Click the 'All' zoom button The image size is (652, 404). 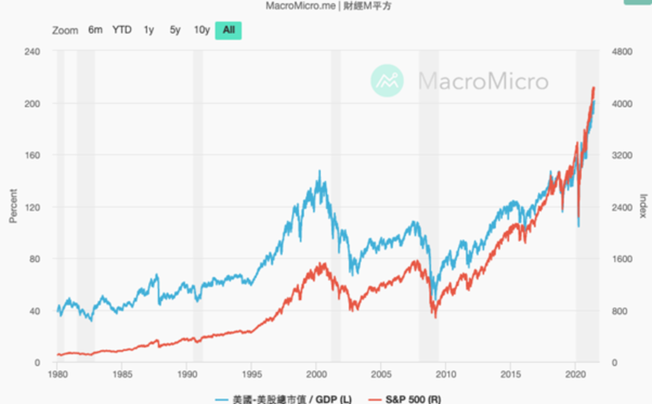[x=228, y=30]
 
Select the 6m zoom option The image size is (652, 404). [x=95, y=30]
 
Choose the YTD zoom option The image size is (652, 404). [x=122, y=30]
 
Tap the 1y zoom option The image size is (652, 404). [x=148, y=30]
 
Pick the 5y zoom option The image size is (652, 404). [x=175, y=30]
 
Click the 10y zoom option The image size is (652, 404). [x=201, y=30]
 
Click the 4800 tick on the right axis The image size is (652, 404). [x=622, y=52]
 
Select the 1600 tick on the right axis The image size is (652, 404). [x=622, y=259]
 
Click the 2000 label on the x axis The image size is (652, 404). [x=316, y=374]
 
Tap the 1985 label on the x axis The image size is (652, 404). [x=122, y=374]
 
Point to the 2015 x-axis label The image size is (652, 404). [x=510, y=374]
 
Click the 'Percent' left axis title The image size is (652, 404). [x=14, y=206]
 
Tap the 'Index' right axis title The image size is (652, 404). [x=643, y=206]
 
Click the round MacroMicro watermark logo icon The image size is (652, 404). [x=387, y=81]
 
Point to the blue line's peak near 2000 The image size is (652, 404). [x=320, y=171]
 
